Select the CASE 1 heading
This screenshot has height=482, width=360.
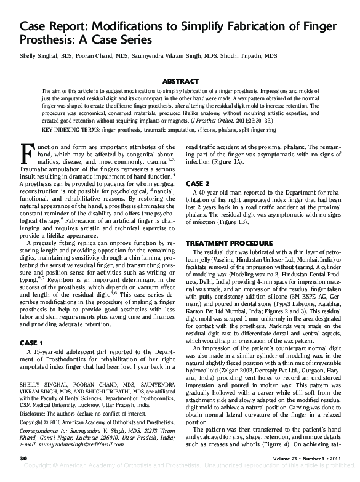[31, 342]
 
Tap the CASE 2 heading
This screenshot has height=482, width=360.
[198, 184]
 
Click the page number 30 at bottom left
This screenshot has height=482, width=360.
[24, 459]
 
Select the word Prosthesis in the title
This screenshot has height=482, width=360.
[45, 41]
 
